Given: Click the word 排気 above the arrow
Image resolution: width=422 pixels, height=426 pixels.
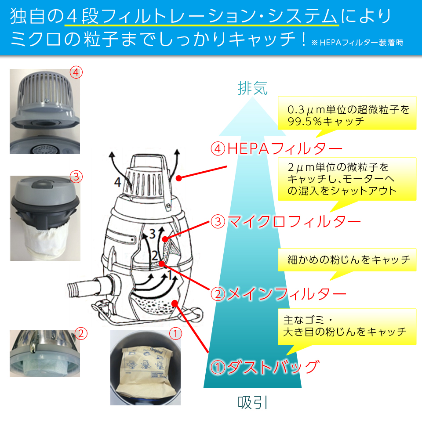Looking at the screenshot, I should [x=252, y=89].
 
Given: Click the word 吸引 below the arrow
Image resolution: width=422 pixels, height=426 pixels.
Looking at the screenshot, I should [x=253, y=402].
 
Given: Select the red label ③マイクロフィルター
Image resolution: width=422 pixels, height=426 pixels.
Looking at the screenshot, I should [x=286, y=221].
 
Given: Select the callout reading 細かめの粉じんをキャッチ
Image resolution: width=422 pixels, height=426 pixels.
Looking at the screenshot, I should [x=348, y=260].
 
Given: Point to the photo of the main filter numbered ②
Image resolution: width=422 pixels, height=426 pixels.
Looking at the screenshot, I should [x=45, y=354].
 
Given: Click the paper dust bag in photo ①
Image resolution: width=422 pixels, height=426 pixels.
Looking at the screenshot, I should [x=145, y=369].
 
